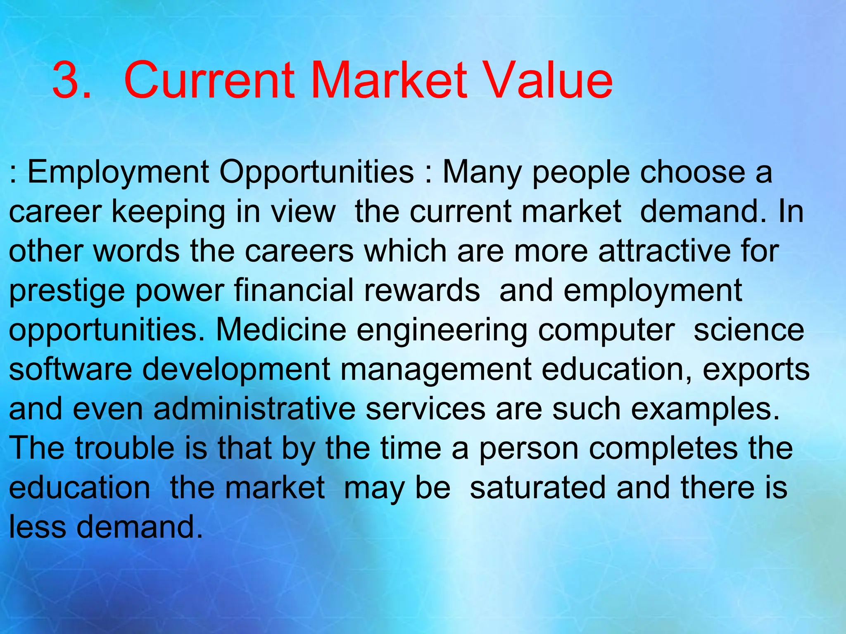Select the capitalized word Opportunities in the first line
click(316, 173)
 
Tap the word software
click(71, 369)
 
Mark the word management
click(436, 370)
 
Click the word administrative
click(254, 409)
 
